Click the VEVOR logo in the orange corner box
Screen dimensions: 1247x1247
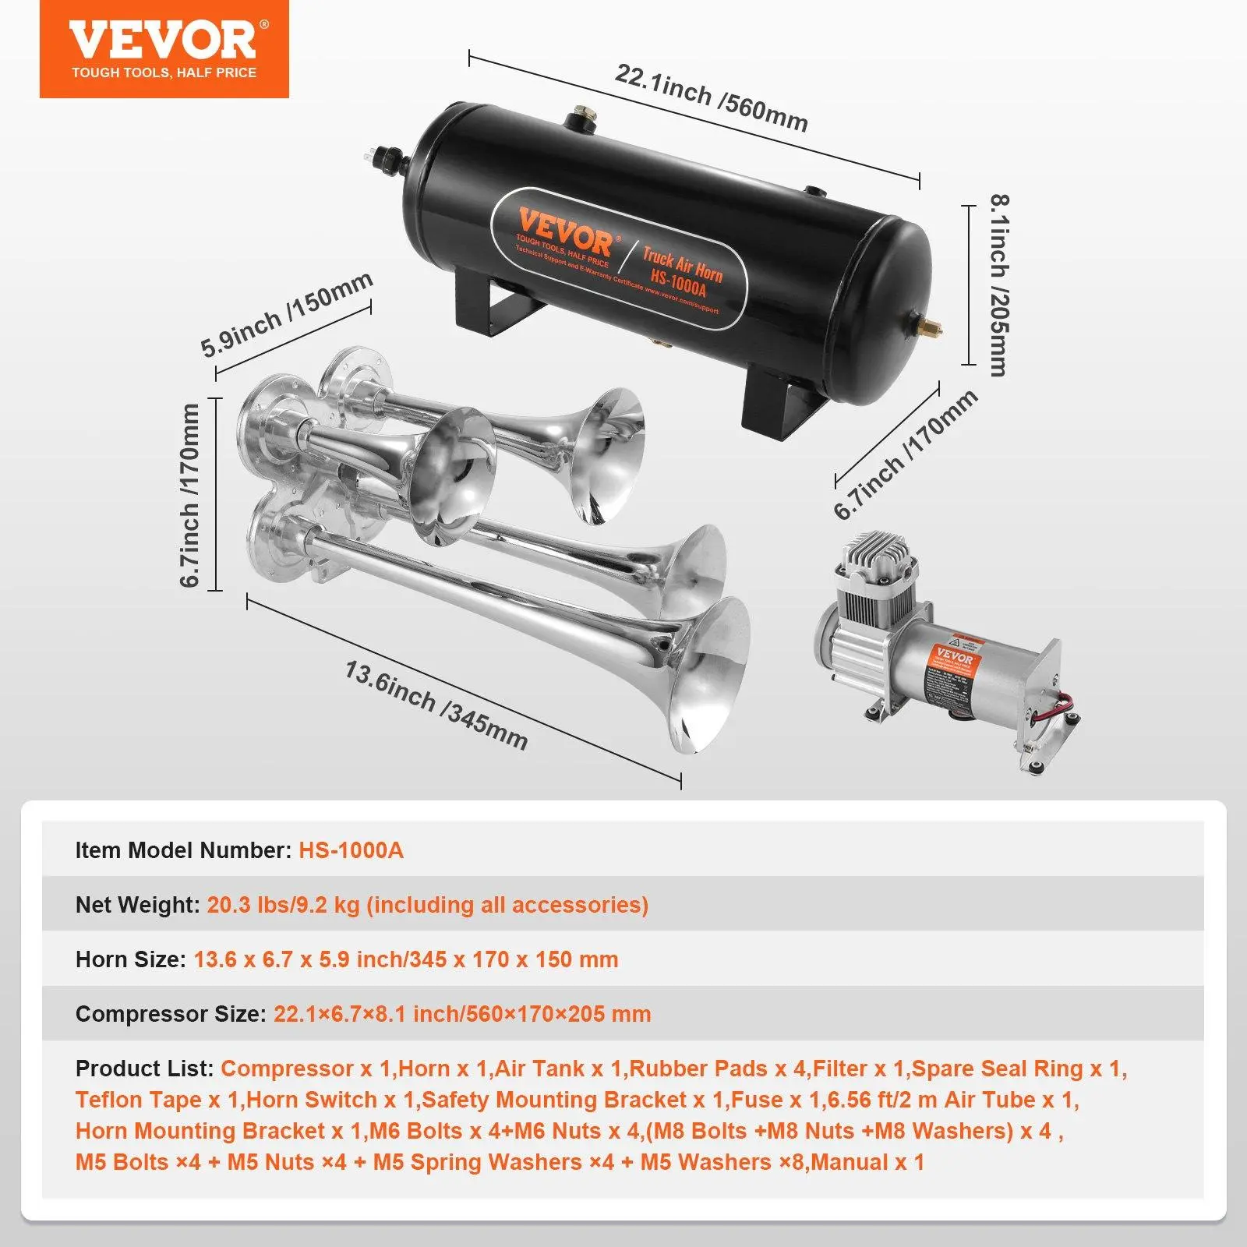(164, 41)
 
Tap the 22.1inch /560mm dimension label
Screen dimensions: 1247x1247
(711, 97)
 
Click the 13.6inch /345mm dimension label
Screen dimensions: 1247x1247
(436, 705)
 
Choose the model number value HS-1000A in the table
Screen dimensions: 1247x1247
(351, 850)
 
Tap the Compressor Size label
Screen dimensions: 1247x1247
(171, 1013)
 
